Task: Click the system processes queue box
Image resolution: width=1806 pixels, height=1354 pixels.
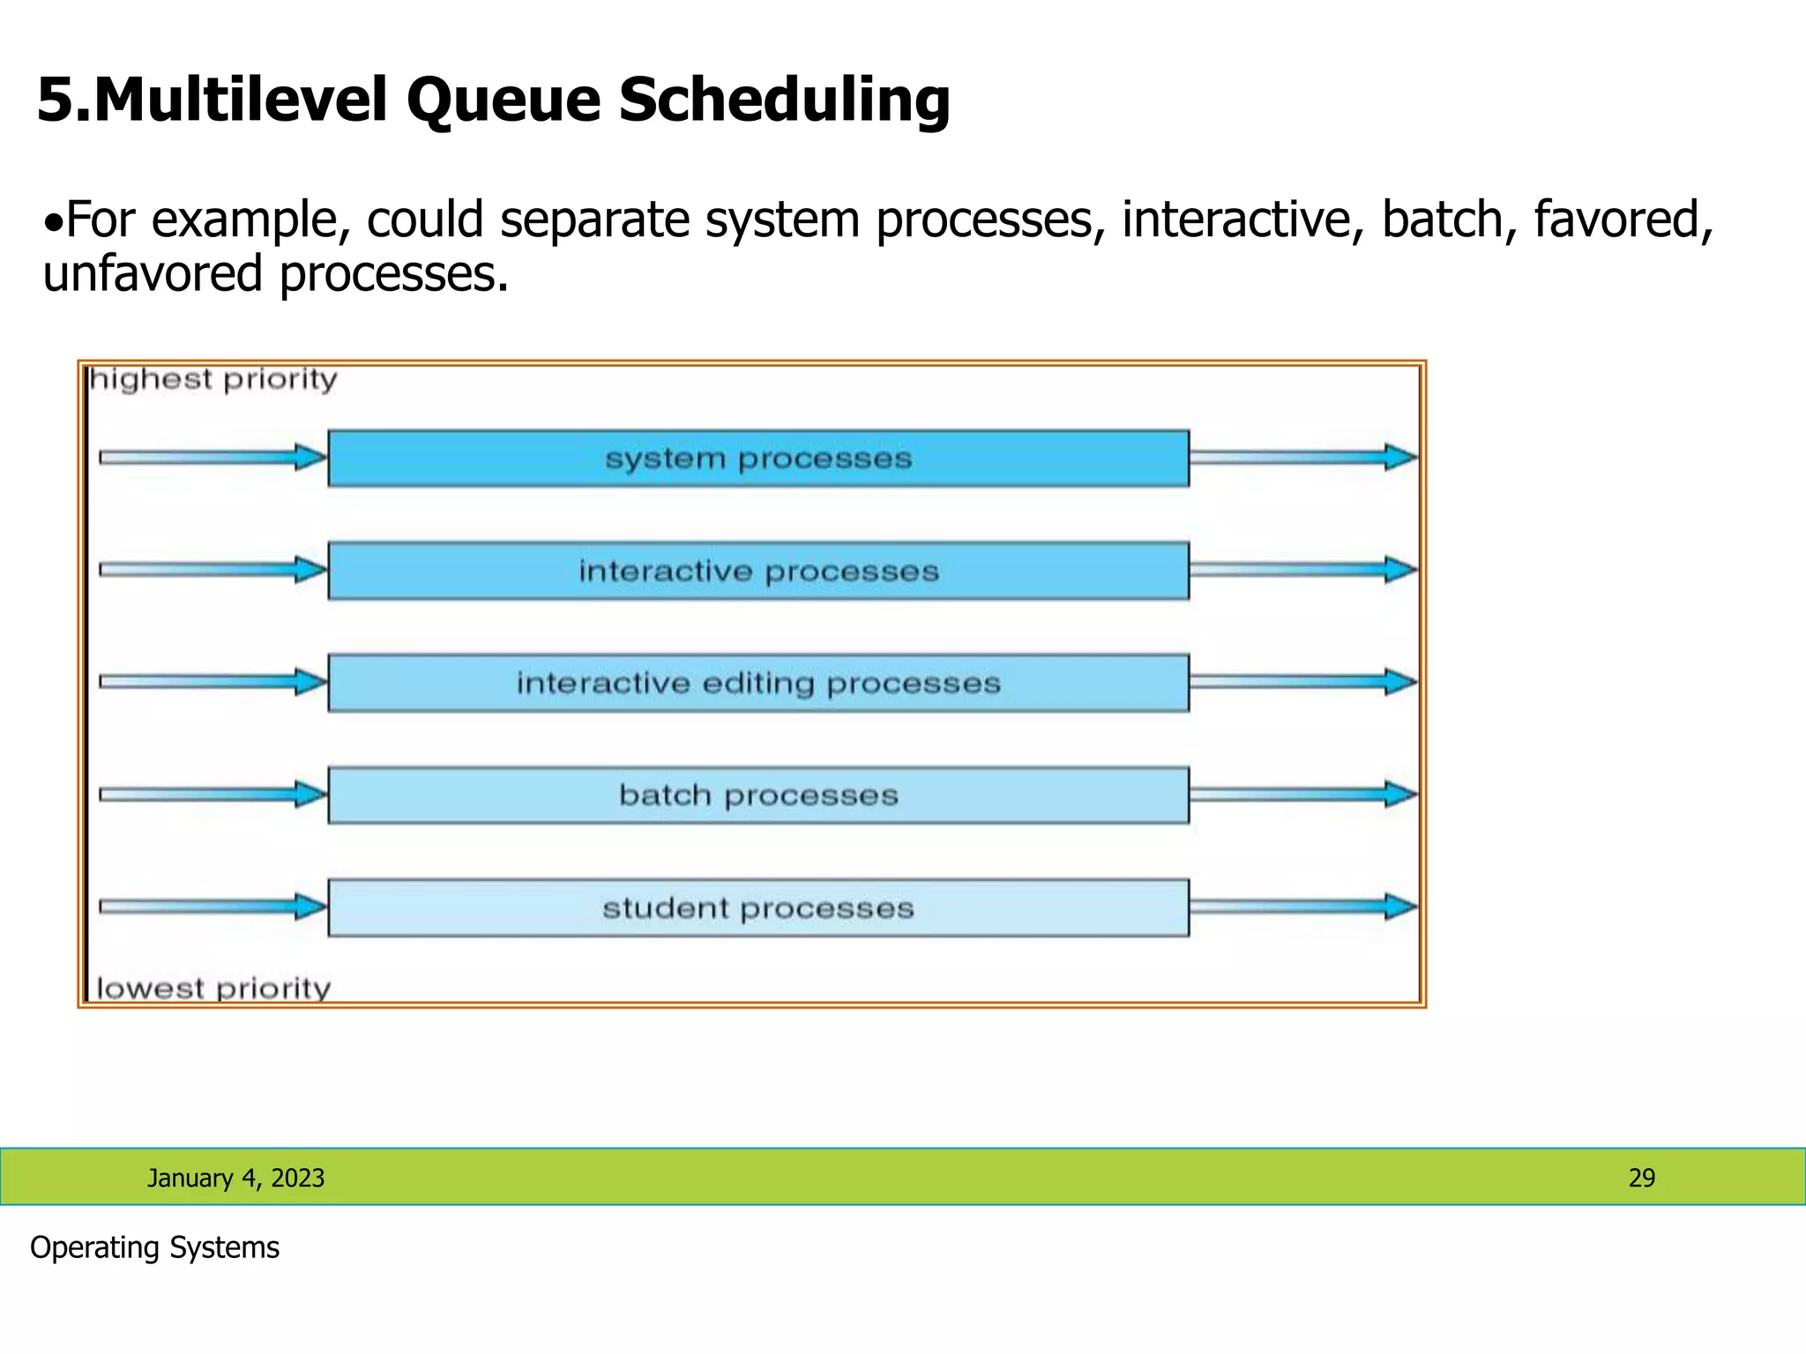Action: coord(757,458)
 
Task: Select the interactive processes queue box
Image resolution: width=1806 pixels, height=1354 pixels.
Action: coord(757,571)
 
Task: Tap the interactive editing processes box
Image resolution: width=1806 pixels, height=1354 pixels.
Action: coord(757,683)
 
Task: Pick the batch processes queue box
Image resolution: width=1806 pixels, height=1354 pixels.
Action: coord(757,795)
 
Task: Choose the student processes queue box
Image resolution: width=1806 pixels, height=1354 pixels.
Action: coord(757,908)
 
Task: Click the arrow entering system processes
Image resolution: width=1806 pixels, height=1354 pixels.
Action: coord(212,458)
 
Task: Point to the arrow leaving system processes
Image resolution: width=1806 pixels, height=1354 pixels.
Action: coord(1302,458)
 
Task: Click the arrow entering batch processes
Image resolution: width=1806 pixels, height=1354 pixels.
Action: coord(212,794)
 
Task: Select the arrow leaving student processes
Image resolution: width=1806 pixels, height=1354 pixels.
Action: coord(1302,907)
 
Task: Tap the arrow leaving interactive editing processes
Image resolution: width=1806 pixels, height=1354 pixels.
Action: coord(1302,681)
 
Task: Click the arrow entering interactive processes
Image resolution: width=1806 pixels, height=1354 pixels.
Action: coord(212,569)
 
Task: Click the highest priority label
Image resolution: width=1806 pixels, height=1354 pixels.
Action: coord(213,380)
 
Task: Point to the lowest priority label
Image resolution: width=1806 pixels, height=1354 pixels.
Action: coord(213,988)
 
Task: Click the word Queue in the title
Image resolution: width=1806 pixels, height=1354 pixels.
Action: coord(503,100)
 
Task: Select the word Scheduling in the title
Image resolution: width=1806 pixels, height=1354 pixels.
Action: coord(784,100)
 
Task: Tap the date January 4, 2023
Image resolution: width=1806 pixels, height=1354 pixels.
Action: coord(235,1179)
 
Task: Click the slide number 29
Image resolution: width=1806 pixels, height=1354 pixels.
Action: coord(1641,1179)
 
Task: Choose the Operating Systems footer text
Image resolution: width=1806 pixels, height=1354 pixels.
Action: coord(154,1248)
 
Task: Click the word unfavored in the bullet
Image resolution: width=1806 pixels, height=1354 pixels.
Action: coord(153,274)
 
